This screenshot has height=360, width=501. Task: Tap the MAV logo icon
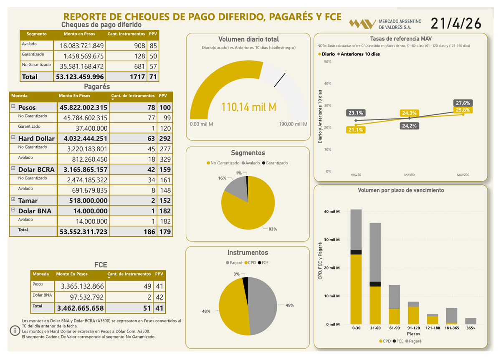click(362, 24)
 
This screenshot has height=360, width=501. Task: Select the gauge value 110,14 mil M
click(249, 107)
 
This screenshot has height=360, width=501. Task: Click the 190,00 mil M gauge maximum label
click(293, 124)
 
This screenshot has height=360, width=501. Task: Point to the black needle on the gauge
click(280, 80)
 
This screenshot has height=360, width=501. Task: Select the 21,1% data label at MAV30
click(355, 130)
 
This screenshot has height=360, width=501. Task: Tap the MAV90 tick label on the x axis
click(409, 175)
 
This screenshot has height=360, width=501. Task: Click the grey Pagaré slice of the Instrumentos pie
click(263, 305)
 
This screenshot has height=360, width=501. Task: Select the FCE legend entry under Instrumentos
click(264, 262)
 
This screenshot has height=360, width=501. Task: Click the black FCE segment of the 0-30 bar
click(356, 252)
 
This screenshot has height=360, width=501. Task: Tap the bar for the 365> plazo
click(471, 321)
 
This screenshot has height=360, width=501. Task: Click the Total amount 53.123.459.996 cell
click(79, 77)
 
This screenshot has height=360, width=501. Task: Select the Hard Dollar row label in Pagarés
click(36, 138)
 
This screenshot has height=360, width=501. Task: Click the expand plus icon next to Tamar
click(13, 200)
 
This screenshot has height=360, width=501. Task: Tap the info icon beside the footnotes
click(15, 331)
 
